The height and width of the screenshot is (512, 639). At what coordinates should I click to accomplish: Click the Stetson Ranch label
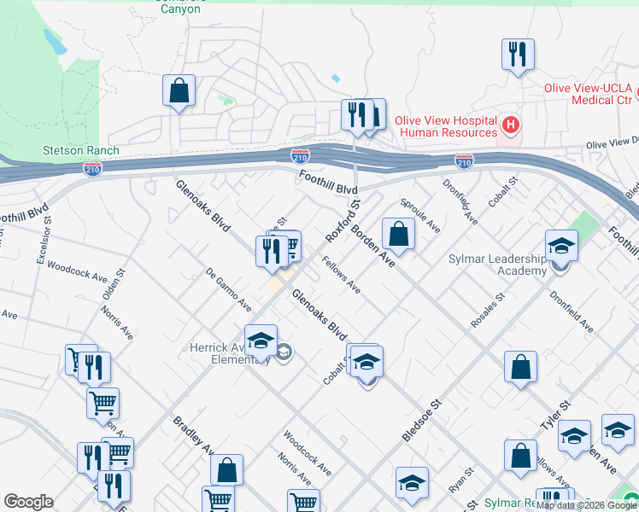[81, 151]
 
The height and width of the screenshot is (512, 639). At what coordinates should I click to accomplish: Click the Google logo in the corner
[28, 502]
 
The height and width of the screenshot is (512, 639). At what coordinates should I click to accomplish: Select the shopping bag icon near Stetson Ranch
[179, 90]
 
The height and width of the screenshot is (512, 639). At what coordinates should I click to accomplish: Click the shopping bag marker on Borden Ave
[399, 232]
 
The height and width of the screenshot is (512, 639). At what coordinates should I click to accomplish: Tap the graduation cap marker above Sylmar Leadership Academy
[562, 246]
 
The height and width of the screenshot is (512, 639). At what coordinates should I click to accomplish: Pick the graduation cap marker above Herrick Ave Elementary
[261, 340]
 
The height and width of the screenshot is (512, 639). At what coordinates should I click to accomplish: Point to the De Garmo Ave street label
[228, 291]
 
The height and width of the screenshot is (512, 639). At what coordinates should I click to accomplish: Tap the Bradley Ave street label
[193, 434]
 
